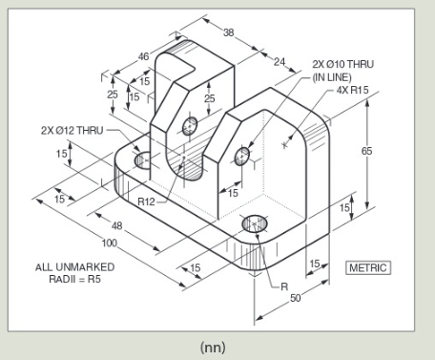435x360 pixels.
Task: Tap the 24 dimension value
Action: (x=280, y=63)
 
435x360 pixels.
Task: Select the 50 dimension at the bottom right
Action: (x=295, y=299)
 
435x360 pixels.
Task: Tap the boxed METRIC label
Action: (x=368, y=267)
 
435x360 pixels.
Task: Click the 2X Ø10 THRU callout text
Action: (x=343, y=65)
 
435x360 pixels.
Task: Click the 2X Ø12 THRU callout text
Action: (x=72, y=130)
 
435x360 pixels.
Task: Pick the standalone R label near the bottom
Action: (x=283, y=286)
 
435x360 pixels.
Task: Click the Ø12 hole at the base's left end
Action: (x=142, y=160)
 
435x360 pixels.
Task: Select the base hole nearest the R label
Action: (x=255, y=224)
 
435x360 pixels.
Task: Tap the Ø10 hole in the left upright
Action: (x=190, y=124)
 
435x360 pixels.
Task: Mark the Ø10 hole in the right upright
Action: (x=242, y=156)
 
